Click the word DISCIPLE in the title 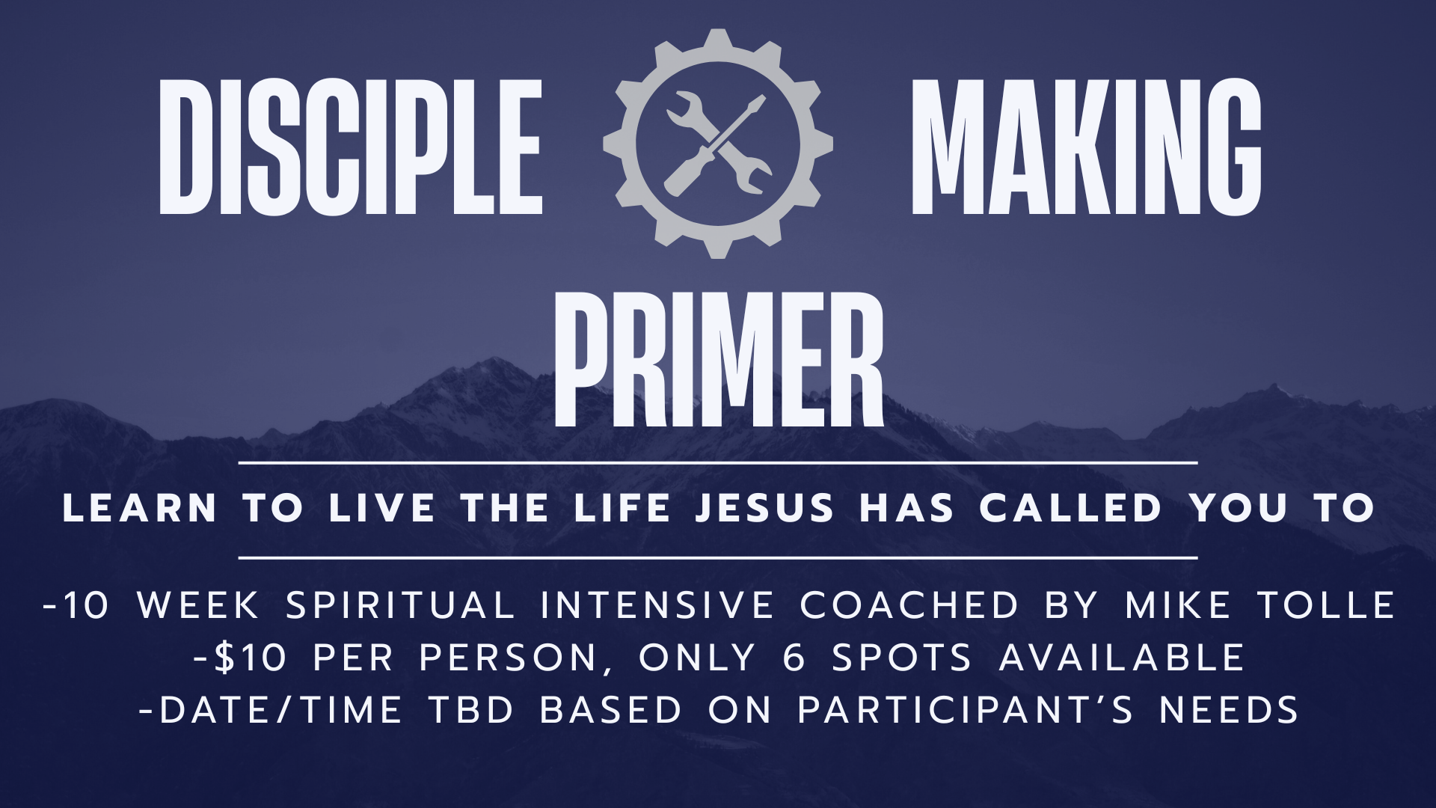pos(351,147)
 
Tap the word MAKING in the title pos(1085,147)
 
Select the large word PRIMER pos(718,360)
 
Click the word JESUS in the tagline pos(764,509)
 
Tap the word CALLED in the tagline pos(1070,509)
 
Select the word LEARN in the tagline pos(140,509)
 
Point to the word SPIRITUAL pos(401,605)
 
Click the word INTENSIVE pos(657,605)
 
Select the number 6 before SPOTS pos(794,658)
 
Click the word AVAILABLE pos(1122,658)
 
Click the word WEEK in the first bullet pos(199,605)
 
